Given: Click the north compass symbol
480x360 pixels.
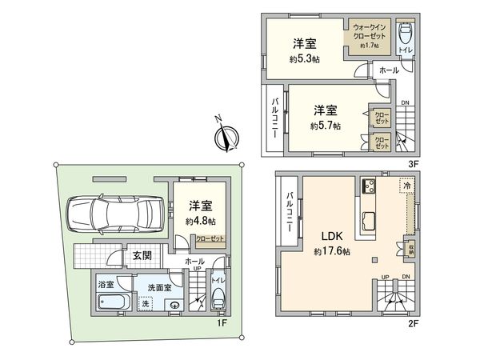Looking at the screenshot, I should point(226,137).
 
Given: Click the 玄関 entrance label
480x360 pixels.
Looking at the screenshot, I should point(142,256).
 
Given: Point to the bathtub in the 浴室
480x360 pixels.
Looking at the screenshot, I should point(113,304).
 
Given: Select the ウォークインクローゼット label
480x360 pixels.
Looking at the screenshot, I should point(369,34).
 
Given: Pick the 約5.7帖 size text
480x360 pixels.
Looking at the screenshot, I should point(325,126).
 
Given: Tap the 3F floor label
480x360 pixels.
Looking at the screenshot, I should point(414,164).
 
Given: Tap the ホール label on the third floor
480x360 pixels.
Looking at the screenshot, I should point(389,70).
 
